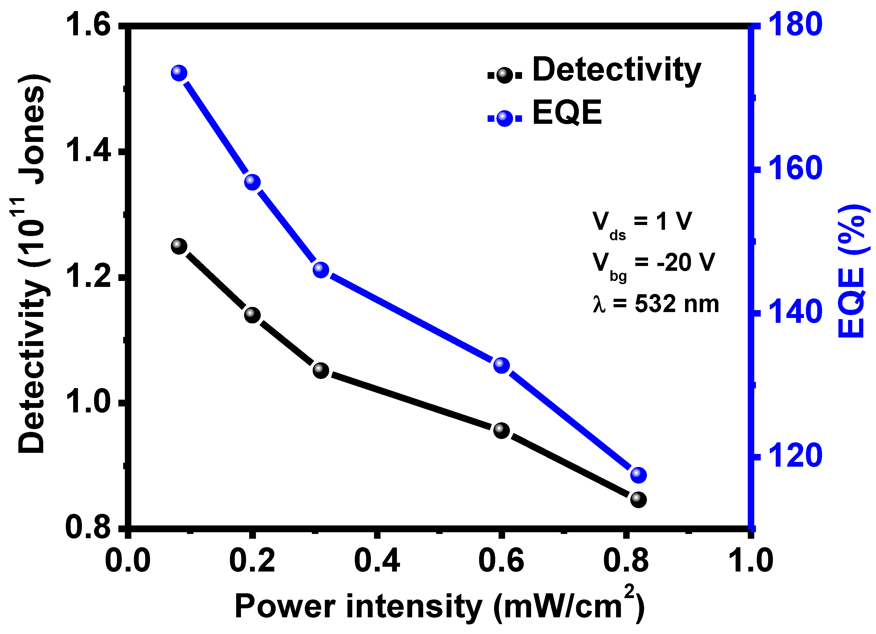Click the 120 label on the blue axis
[x=795, y=456]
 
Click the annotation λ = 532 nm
[x=655, y=304]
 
